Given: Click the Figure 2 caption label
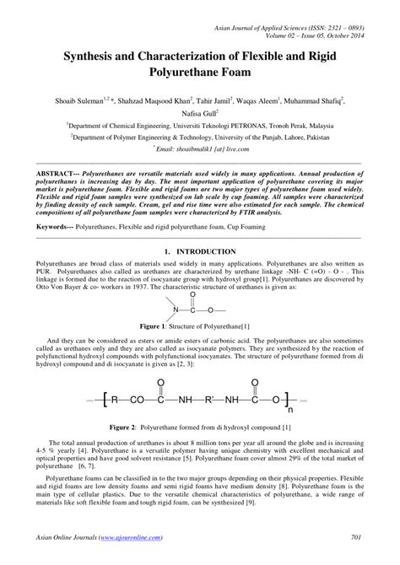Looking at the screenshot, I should pyautogui.click(x=140, y=428).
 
